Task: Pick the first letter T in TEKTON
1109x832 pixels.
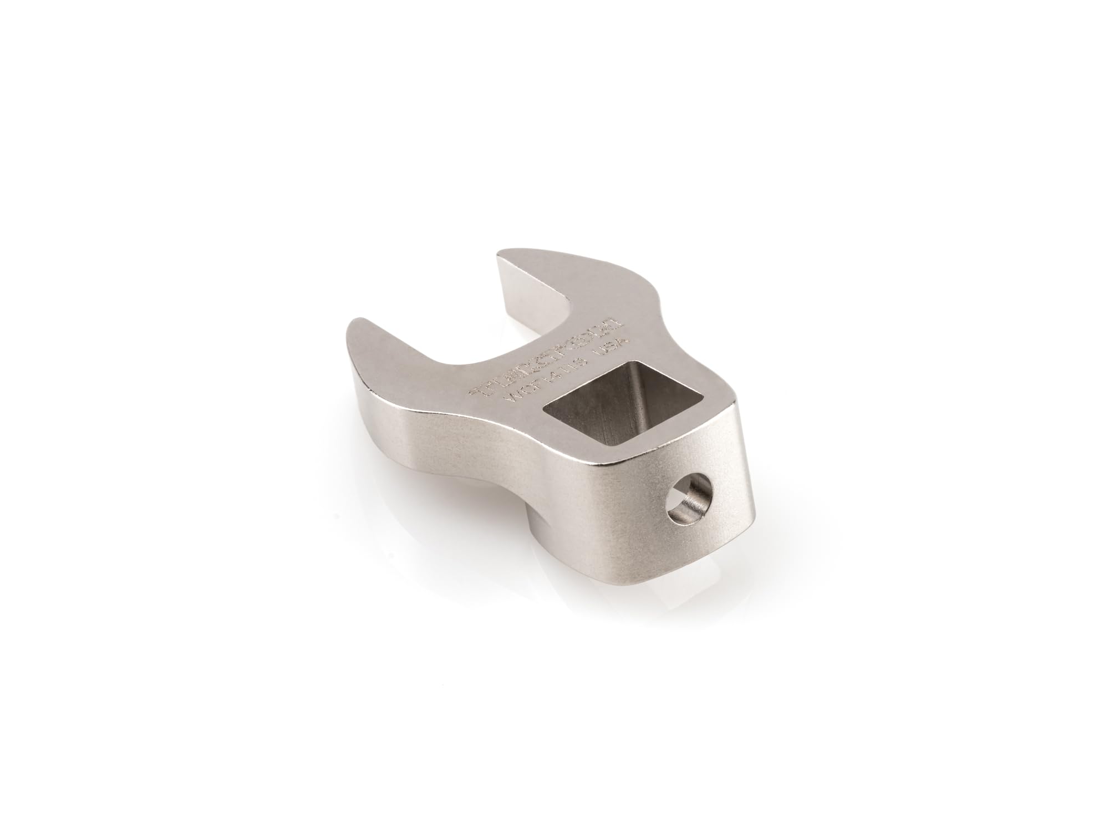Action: pos(481,390)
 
